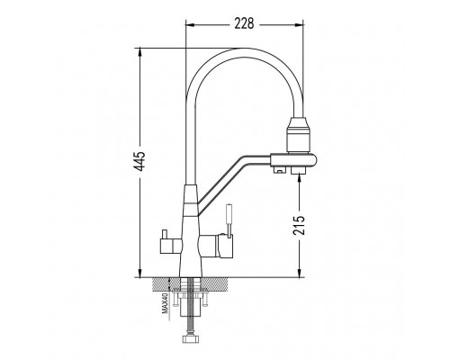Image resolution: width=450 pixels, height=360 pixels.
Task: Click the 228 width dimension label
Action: pos(244,23)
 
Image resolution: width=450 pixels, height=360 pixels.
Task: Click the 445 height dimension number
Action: pos(139,161)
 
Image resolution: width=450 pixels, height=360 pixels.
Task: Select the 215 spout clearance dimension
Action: pos(299,225)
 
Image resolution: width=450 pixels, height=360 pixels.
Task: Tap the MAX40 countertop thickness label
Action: pos(165,303)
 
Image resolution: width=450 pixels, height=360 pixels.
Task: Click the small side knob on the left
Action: pos(165,234)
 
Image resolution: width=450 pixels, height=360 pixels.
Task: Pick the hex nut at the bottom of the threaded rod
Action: pos(190,338)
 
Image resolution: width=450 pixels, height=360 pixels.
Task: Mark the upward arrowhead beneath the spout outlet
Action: pos(299,179)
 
